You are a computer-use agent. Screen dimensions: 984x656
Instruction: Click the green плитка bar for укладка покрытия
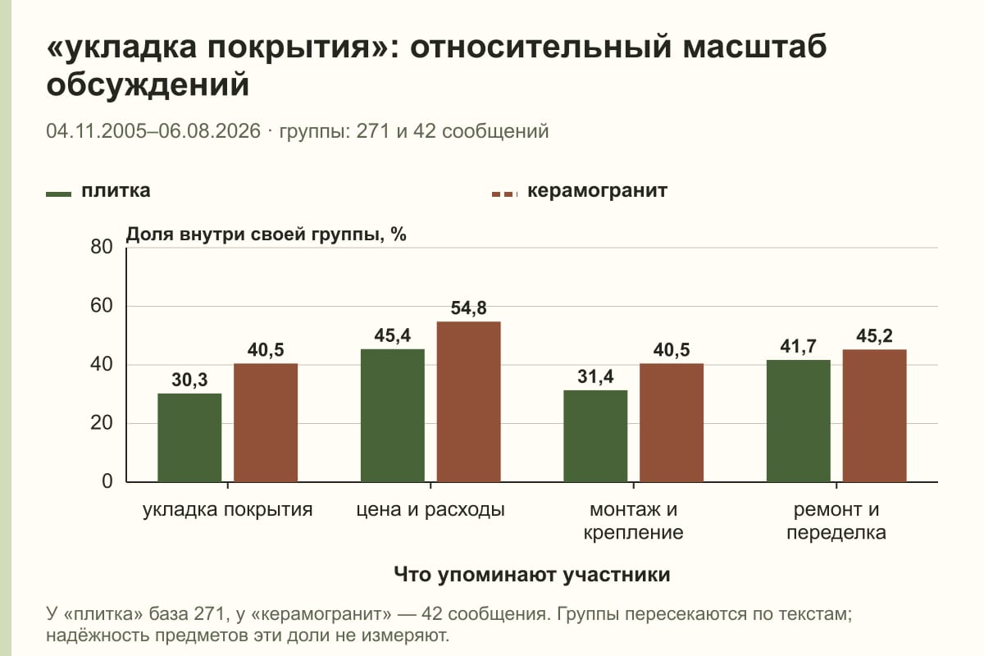[x=189, y=438]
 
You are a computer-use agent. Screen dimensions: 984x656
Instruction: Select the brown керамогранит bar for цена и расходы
[x=469, y=402]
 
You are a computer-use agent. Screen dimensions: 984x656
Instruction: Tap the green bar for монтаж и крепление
[x=595, y=436]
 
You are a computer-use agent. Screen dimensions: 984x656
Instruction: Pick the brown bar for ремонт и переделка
[x=875, y=416]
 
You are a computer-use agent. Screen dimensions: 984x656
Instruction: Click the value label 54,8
[x=469, y=308]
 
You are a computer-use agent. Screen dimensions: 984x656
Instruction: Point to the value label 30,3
[x=189, y=380]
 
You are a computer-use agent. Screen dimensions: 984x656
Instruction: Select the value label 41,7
[x=799, y=347]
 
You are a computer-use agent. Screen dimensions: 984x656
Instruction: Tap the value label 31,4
[x=595, y=377]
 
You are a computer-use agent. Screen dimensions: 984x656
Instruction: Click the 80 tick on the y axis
[x=102, y=247]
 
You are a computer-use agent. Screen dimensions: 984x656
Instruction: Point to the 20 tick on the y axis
[x=102, y=423]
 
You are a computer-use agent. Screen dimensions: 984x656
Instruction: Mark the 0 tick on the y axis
[x=107, y=481]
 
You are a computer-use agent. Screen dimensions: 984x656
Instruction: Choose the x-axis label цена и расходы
[x=430, y=510]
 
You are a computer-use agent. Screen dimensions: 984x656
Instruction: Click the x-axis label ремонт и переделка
[x=836, y=521]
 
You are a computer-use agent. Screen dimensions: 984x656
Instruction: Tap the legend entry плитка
[x=116, y=191]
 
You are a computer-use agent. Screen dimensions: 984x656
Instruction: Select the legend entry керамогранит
[x=598, y=191]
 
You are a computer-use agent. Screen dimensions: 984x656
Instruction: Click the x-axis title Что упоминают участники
[x=532, y=575]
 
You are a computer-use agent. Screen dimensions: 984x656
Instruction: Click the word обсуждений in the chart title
[x=148, y=84]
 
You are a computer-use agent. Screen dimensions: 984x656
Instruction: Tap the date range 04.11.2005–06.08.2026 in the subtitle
[x=153, y=131]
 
